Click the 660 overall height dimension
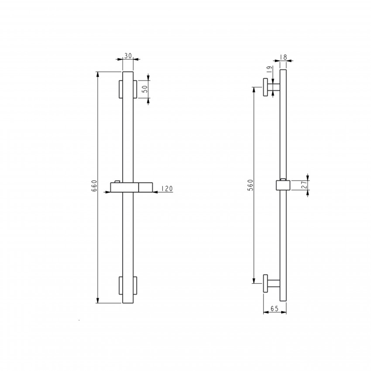point(94,186)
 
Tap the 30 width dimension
point(128,56)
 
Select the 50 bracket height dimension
point(145,89)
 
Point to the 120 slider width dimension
point(167,189)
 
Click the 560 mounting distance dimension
point(251,185)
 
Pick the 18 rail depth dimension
point(283,57)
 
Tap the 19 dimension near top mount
point(269,69)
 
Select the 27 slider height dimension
point(305,185)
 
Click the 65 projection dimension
point(275,309)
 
